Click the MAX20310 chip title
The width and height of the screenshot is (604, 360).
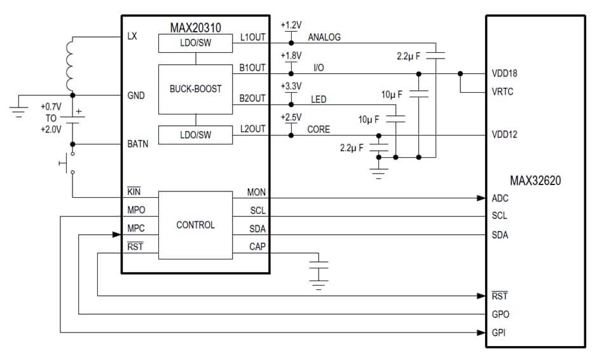click(x=195, y=28)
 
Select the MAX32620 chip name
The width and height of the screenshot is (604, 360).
click(x=535, y=181)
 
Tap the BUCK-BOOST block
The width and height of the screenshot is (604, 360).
click(x=195, y=89)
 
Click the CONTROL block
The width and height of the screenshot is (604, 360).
click(x=195, y=225)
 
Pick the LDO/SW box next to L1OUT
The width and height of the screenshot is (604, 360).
click(x=195, y=43)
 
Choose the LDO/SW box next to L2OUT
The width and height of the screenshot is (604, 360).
click(x=195, y=135)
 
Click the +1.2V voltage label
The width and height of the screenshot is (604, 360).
click(x=291, y=25)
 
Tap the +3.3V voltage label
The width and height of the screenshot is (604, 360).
click(x=291, y=86)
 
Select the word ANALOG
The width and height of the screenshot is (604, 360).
click(x=324, y=38)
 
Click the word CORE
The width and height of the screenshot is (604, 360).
click(x=319, y=129)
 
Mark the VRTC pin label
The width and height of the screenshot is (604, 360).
click(x=502, y=92)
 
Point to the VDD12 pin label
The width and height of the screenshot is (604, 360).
click(x=504, y=135)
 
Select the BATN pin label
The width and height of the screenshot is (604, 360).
click(x=138, y=144)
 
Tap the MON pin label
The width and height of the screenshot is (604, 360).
click(x=256, y=192)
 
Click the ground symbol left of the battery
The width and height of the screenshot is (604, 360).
click(x=19, y=109)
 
